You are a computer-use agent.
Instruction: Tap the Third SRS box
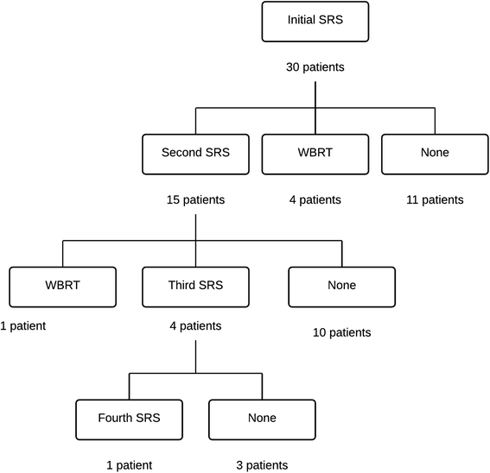coord(195,285)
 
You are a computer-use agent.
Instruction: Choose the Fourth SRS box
coord(129,418)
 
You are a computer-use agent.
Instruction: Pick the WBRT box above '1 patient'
coord(62,285)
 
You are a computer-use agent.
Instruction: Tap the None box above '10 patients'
coord(341,285)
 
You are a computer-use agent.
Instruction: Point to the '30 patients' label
coord(315,66)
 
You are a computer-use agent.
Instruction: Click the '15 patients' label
coord(195,199)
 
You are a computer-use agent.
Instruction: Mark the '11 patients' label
coord(435,199)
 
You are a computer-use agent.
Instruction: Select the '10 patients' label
coord(341,332)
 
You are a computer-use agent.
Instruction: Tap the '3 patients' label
coord(261,465)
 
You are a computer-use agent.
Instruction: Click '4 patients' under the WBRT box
coord(315,199)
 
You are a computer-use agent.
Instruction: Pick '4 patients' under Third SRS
coord(195,326)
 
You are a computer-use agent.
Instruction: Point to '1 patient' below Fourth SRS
coord(129,465)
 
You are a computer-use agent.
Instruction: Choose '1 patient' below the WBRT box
coord(22,326)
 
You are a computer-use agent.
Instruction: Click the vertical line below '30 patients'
coord(315,95)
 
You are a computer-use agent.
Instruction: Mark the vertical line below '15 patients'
coord(195,226)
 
